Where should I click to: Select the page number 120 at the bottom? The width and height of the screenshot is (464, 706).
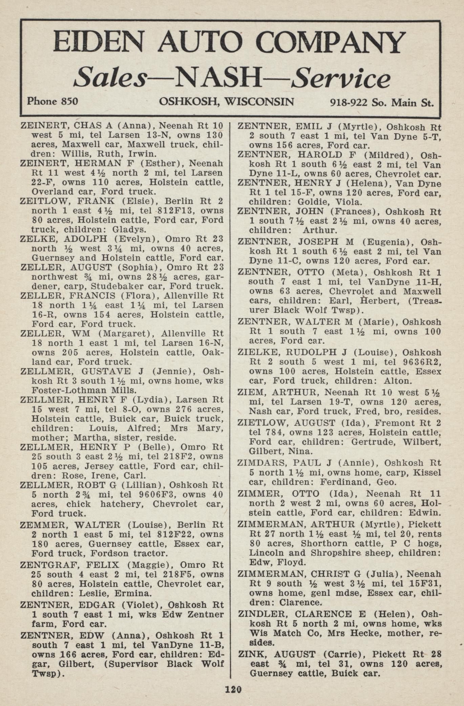(x=233, y=689)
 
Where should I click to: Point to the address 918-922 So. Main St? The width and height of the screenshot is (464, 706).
(x=382, y=102)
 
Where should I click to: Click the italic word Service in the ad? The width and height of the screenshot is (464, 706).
(x=341, y=78)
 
